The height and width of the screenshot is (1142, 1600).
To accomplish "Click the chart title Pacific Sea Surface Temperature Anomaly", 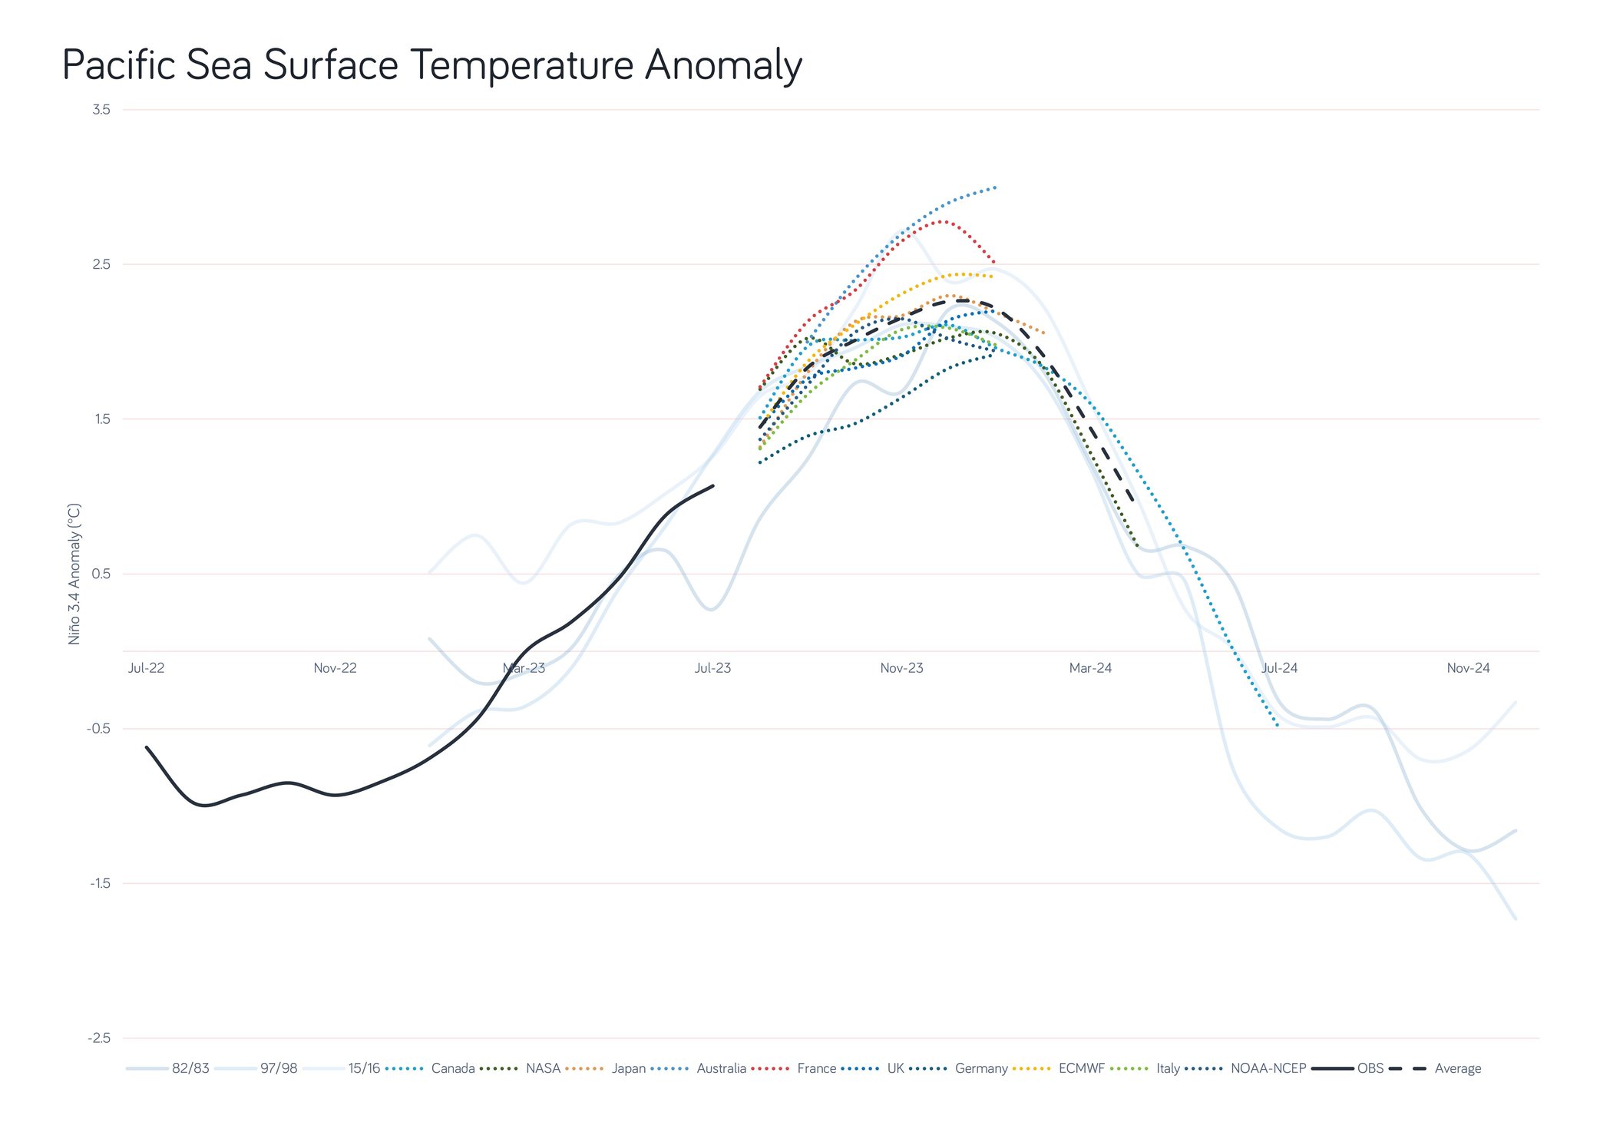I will pyautogui.click(x=431, y=65).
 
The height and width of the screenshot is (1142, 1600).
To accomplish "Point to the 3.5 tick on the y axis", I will pyautogui.click(x=101, y=110).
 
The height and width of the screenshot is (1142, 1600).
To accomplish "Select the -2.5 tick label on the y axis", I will pyautogui.click(x=100, y=1038).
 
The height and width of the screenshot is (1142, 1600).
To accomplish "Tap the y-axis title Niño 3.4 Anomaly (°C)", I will pyautogui.click(x=74, y=574).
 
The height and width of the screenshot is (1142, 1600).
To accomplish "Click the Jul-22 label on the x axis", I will pyautogui.click(x=146, y=668).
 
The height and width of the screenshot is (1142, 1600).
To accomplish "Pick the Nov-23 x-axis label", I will pyautogui.click(x=901, y=668).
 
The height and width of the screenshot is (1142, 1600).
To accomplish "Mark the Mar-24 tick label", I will pyautogui.click(x=1090, y=668).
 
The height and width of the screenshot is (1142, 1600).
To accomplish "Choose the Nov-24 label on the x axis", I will pyautogui.click(x=1468, y=668).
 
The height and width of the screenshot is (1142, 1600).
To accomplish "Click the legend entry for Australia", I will pyautogui.click(x=721, y=1068).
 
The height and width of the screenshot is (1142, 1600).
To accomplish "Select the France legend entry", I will pyautogui.click(x=816, y=1068).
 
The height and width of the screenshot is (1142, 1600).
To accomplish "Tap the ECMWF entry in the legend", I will pyautogui.click(x=1081, y=1068).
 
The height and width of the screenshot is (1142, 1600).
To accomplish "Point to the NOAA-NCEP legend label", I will pyautogui.click(x=1268, y=1068).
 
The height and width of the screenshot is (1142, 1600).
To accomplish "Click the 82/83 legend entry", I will pyautogui.click(x=190, y=1068).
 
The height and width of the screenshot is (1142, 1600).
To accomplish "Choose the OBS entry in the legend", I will pyautogui.click(x=1370, y=1068).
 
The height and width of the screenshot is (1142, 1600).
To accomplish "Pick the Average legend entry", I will pyautogui.click(x=1457, y=1068).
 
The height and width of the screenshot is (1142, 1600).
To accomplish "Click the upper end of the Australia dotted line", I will pyautogui.click(x=995, y=187).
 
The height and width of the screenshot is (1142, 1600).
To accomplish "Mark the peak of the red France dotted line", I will pyautogui.click(x=941, y=221).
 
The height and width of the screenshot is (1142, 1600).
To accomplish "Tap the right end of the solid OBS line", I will pyautogui.click(x=713, y=485).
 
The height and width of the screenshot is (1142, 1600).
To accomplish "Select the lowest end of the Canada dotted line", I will pyautogui.click(x=1278, y=726).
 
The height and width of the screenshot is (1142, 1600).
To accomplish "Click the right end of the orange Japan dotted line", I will pyautogui.click(x=1043, y=333).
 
